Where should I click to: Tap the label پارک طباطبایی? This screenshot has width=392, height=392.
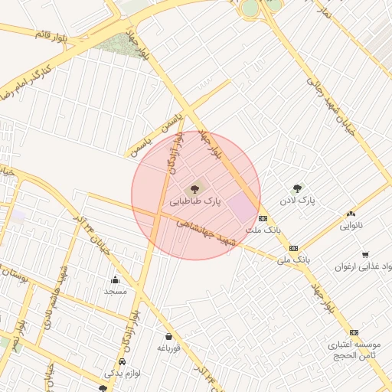tap(195, 201)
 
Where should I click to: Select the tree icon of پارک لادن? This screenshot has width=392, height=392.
tap(297, 188)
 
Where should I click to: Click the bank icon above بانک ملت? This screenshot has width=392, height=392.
tap(263, 218)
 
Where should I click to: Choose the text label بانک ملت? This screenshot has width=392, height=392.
tap(263, 230)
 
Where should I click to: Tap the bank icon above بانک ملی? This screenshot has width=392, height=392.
tap(293, 248)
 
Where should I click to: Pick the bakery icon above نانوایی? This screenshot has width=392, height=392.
tap(351, 214)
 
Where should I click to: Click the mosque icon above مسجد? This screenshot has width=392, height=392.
tap(116, 279)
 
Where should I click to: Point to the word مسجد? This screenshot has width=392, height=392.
tap(116, 292)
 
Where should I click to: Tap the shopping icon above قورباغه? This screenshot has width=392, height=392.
tap(168, 336)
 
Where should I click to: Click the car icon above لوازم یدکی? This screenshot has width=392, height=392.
tap(122, 361)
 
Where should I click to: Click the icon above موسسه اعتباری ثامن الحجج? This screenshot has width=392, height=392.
tap(354, 332)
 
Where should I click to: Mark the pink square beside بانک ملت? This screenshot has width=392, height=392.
tap(243, 207)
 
